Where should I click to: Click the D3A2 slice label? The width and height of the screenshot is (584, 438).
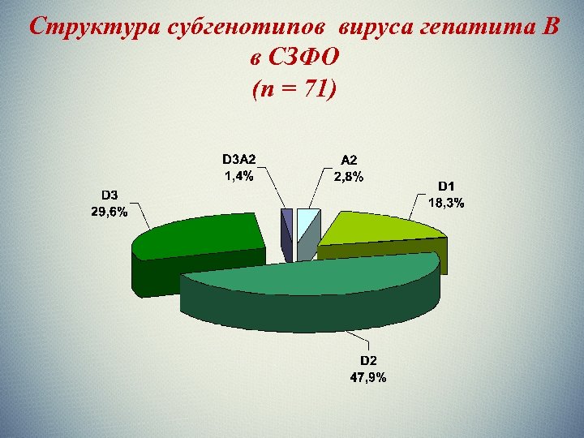point(244,160)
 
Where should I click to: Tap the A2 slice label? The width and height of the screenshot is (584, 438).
point(349,161)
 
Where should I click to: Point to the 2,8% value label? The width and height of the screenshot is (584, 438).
point(349,176)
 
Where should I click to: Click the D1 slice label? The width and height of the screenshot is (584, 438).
point(447,187)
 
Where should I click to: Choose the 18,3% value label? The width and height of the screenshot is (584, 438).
point(446,203)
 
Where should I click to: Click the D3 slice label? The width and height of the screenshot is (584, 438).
point(110,195)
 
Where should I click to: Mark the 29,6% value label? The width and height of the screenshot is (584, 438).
point(110,211)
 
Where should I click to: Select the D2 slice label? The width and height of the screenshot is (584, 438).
point(369,360)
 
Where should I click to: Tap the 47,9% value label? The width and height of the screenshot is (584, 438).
point(369,376)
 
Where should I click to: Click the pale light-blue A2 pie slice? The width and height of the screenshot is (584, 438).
point(306,221)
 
